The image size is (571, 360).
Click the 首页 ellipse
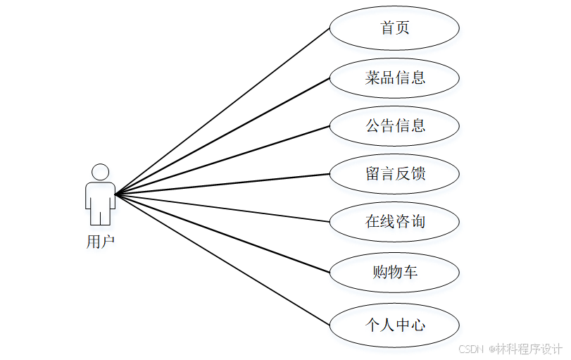tap(394, 28)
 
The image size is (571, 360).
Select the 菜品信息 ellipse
tap(394, 77)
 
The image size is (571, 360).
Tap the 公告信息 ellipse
tap(394, 126)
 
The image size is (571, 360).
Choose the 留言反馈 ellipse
tap(394, 173)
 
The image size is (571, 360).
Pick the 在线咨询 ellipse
tap(394, 222)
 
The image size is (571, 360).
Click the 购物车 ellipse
tap(394, 271)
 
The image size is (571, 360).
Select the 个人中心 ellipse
tap(394, 325)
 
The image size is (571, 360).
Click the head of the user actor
tap(100, 172)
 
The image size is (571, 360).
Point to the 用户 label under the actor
tap(100, 242)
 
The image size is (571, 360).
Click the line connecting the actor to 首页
tap(222, 111)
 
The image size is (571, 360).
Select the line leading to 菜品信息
tap(222, 135)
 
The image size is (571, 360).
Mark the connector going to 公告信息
tap(222, 160)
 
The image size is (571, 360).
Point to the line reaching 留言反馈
tap(222, 183)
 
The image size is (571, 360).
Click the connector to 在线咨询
tap(222, 208)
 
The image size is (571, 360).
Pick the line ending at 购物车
tap(222, 232)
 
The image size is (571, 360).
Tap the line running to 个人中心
tap(222, 259)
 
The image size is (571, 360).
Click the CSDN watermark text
tap(510, 349)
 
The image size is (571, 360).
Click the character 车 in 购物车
tap(410, 271)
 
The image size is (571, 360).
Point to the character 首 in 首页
tap(387, 28)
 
